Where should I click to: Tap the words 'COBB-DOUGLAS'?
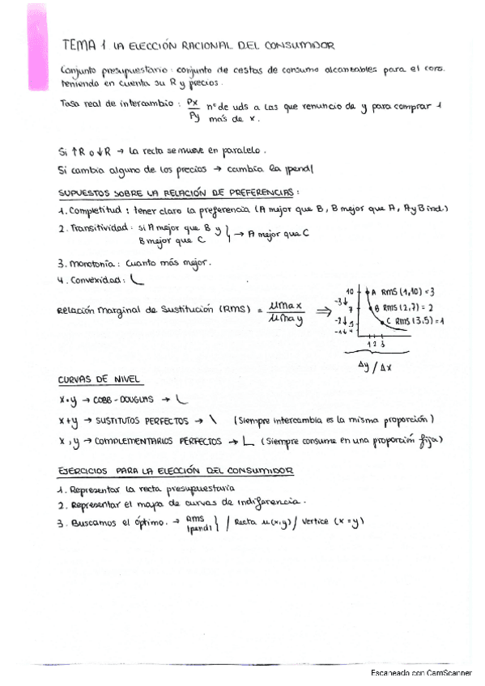pyautogui.click(x=126, y=399)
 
